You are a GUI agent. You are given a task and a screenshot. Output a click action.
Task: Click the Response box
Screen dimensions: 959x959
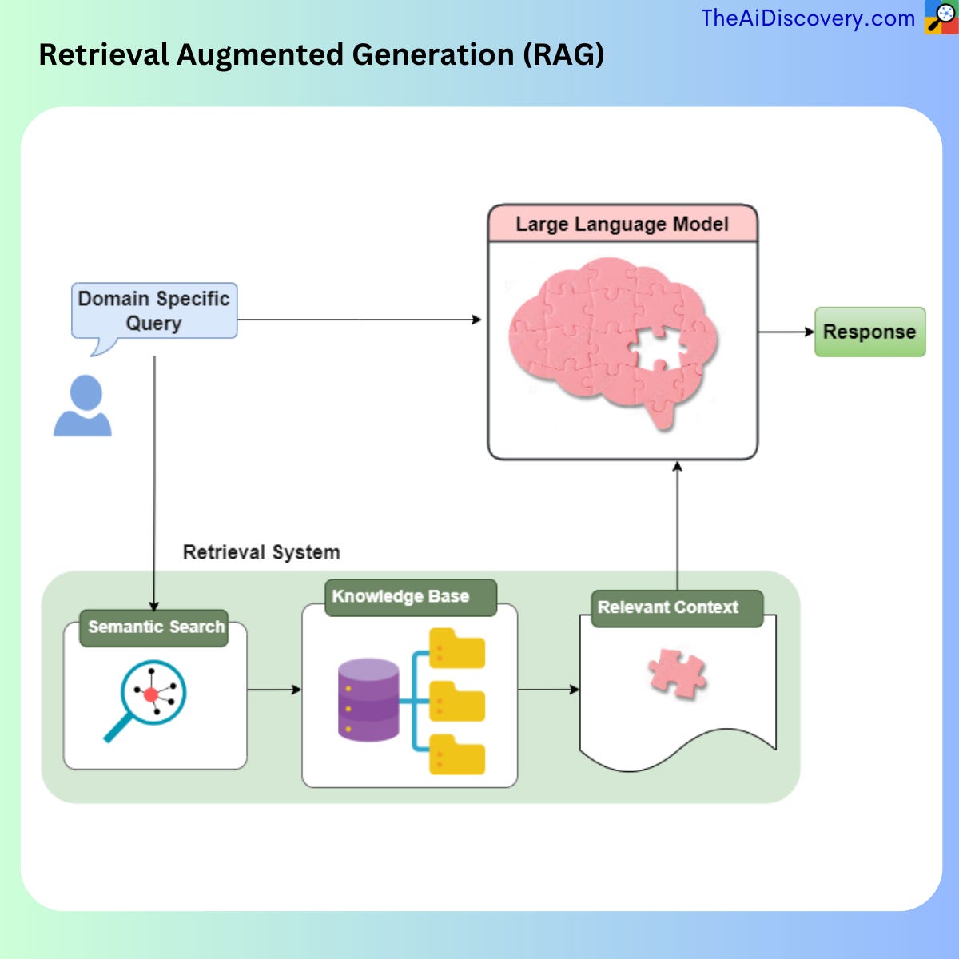click(x=869, y=332)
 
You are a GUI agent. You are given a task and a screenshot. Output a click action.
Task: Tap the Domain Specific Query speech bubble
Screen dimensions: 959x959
click(x=153, y=311)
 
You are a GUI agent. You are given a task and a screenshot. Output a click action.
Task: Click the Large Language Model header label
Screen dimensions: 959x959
click(x=622, y=224)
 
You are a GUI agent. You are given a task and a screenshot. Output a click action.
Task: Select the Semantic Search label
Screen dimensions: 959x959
click(x=155, y=627)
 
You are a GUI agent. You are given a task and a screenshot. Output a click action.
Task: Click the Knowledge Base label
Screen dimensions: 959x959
click(x=401, y=597)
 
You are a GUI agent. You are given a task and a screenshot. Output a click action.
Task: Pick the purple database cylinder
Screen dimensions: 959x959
click(x=368, y=699)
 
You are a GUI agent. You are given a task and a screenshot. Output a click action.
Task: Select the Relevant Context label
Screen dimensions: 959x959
click(x=668, y=607)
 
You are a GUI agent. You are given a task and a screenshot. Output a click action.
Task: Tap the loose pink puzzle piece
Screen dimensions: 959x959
click(x=678, y=673)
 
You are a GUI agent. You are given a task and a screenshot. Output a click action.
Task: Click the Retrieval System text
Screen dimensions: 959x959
click(x=261, y=552)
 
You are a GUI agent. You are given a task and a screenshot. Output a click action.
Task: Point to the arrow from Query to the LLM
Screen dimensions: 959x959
click(x=360, y=320)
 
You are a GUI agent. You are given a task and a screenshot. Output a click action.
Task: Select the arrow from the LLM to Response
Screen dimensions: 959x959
click(x=786, y=331)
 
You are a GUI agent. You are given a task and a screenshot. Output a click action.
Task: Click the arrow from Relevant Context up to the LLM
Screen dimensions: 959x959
click(x=678, y=527)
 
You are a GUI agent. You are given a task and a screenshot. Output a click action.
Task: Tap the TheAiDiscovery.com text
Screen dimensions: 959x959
click(x=807, y=18)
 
